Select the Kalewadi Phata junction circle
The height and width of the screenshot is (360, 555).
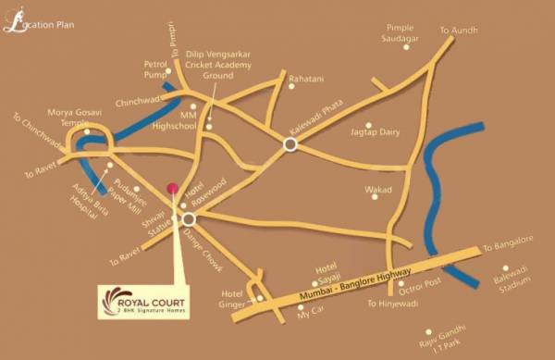tap(290, 143)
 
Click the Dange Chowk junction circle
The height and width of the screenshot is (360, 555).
tap(189, 219)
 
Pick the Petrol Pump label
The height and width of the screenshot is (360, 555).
tap(154, 70)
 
